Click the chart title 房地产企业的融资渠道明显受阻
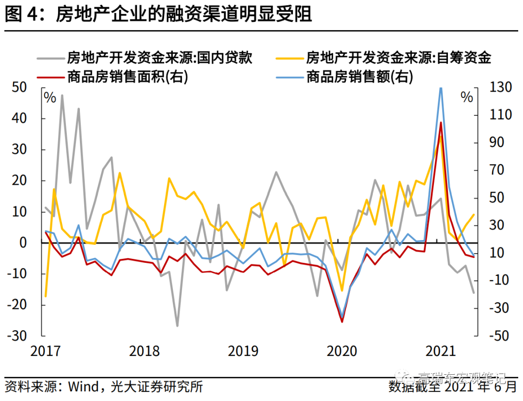tap(184, 15)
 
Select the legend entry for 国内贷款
tap(160, 58)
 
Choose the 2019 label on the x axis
tap(243, 351)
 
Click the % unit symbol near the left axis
tap(50, 97)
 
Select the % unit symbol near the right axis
tap(466, 97)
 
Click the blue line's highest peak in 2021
tap(441, 88)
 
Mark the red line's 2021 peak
tap(441, 123)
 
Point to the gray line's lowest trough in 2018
tap(177, 326)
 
